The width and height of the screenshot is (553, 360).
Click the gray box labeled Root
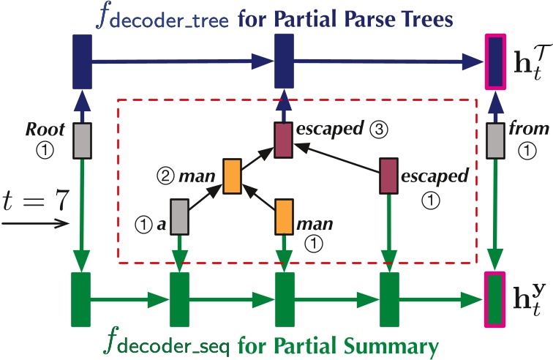(x=81, y=140)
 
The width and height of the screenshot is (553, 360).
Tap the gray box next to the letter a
(x=180, y=217)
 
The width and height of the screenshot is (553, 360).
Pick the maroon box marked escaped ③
(x=283, y=139)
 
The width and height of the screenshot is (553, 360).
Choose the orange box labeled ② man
(x=232, y=176)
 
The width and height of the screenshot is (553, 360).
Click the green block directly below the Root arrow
(x=80, y=299)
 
